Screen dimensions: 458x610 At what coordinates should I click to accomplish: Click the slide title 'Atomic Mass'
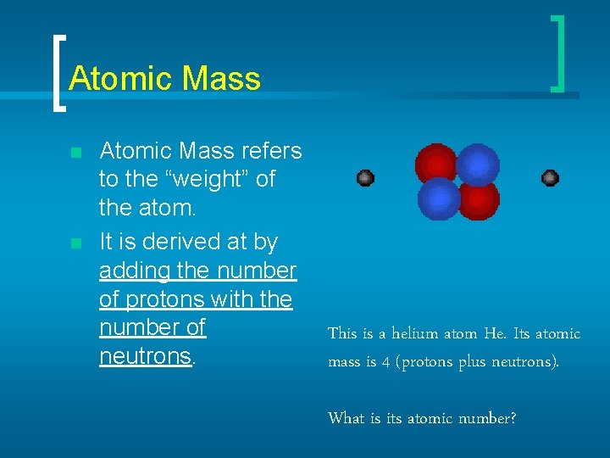click(164, 79)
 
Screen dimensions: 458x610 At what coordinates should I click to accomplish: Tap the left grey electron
click(365, 178)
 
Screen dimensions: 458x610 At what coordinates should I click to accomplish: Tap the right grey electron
click(550, 178)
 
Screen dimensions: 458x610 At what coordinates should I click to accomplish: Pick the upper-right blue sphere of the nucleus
click(480, 163)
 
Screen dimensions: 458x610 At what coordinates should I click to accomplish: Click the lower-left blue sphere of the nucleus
click(438, 198)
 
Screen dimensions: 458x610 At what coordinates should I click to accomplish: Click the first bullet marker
click(76, 154)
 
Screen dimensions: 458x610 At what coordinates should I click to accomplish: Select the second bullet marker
click(76, 244)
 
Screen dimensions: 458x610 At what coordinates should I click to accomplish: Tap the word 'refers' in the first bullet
click(271, 151)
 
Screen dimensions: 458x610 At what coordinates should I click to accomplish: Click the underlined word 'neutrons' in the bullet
click(145, 356)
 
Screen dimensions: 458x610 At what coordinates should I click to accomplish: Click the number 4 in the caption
click(385, 362)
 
